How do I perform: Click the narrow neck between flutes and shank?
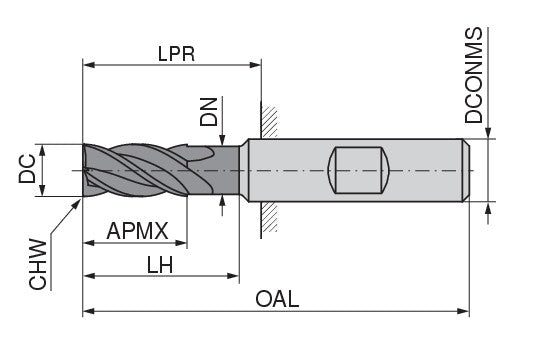pyautogui.click(x=228, y=170)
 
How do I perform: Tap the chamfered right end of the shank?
pyautogui.click(x=464, y=170)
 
